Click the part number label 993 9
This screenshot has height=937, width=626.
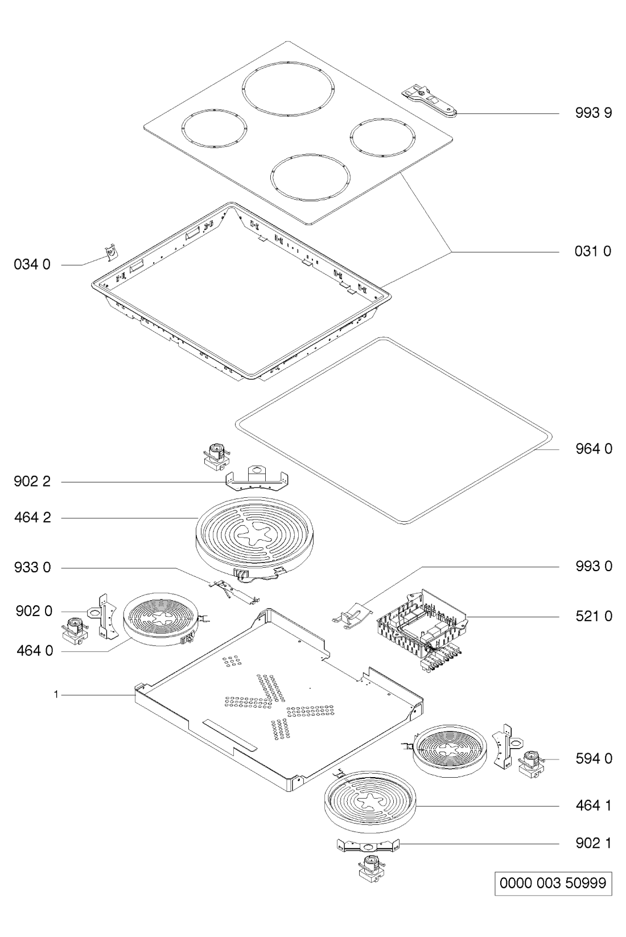593,113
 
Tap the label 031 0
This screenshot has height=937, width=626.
593,251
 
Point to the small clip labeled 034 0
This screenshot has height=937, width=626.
110,253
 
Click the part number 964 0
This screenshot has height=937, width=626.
594,449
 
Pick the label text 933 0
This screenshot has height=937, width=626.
32,568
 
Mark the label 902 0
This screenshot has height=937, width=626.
34,612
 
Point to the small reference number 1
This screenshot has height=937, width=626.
56,695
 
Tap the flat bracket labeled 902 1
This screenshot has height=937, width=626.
368,845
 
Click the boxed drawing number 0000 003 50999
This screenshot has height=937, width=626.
553,884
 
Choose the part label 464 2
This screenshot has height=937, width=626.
32,518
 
